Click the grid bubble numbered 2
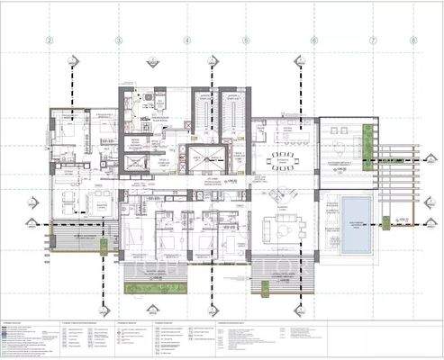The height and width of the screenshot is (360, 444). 50,40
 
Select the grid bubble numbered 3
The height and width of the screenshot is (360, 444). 118,40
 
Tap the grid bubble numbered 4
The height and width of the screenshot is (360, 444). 186,40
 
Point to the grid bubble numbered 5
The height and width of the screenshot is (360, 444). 244,40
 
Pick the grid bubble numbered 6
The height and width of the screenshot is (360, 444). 313,40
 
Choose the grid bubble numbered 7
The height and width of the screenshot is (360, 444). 373,40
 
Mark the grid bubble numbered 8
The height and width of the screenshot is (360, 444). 412,40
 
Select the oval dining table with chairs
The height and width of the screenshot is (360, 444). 287,161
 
